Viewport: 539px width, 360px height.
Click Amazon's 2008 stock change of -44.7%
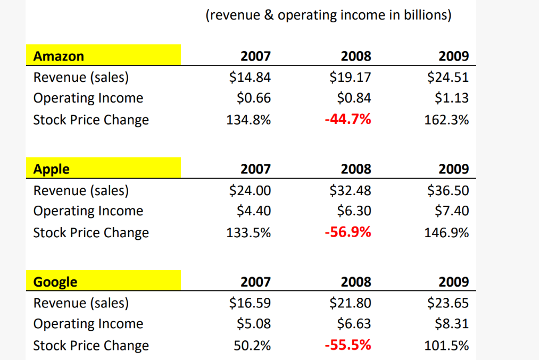[x=347, y=120]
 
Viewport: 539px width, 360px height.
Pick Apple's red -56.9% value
[x=347, y=232]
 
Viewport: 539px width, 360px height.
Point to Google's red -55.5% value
[x=347, y=345]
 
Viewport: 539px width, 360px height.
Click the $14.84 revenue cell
[x=250, y=78]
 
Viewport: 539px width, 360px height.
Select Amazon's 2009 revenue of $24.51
[x=448, y=78]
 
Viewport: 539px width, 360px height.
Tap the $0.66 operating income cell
[x=253, y=98]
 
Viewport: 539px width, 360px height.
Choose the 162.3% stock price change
[x=446, y=120]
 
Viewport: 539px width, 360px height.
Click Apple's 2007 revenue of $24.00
[x=250, y=190]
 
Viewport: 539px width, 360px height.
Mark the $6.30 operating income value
[x=354, y=211]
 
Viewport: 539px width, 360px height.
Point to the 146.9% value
[x=446, y=233]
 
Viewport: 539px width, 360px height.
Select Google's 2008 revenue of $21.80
[x=350, y=303]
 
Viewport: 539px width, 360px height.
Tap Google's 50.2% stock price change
[x=252, y=346]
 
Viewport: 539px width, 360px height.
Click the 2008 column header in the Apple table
[x=356, y=169]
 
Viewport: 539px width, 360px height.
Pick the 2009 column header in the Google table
[x=454, y=282]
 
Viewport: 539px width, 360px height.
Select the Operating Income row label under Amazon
[x=88, y=98]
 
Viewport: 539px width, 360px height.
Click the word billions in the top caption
[x=427, y=15]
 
